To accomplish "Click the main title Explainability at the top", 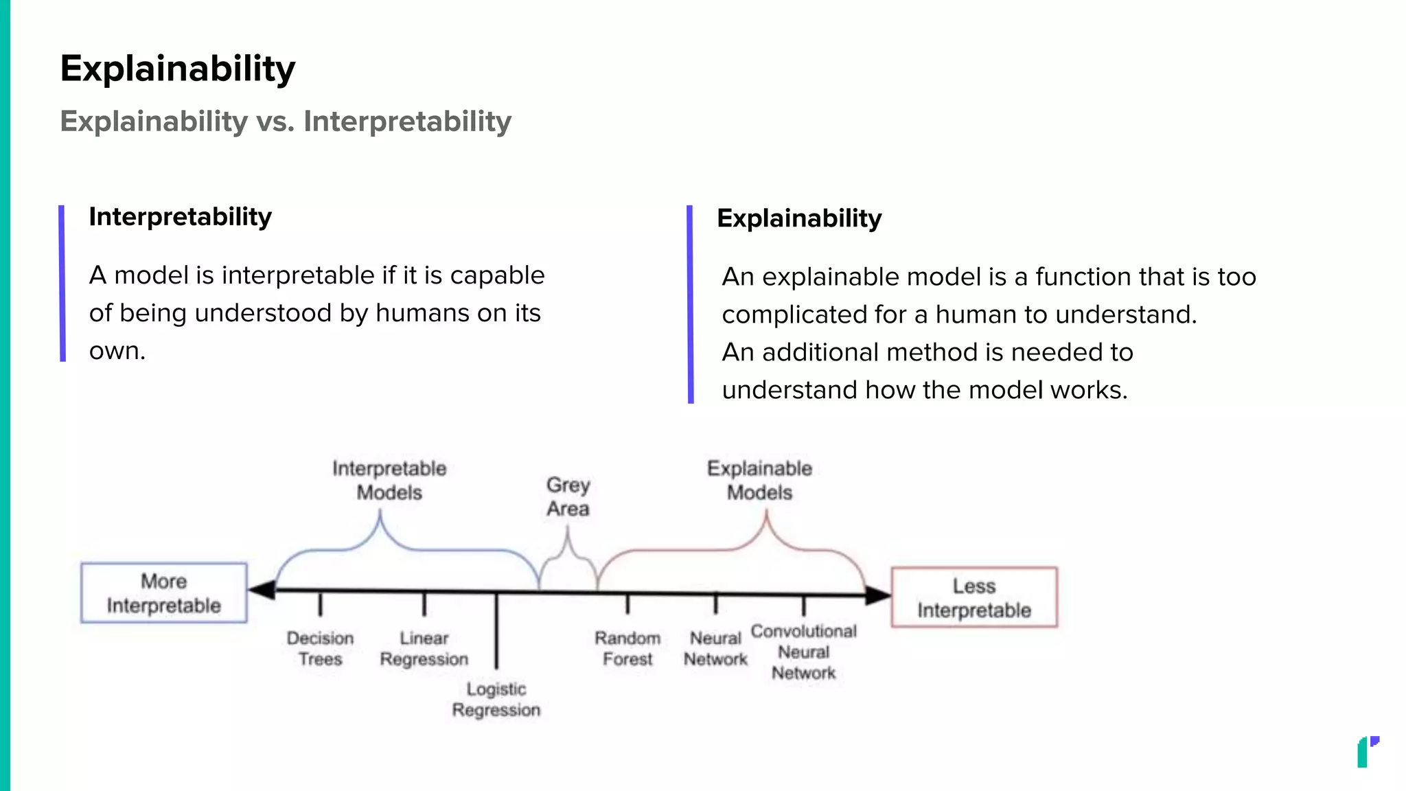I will pyautogui.click(x=177, y=69).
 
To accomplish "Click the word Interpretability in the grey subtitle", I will pyautogui.click(x=407, y=122).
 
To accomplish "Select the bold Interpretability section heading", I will pyautogui.click(x=180, y=217).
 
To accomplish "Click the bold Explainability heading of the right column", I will pyautogui.click(x=799, y=218).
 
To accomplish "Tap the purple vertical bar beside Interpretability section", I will pyautogui.click(x=62, y=283).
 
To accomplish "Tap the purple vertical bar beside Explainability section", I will pyautogui.click(x=690, y=303).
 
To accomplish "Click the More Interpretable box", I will pyautogui.click(x=164, y=593).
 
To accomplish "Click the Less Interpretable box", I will pyautogui.click(x=973, y=597).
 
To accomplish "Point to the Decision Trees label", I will pyautogui.click(x=320, y=648).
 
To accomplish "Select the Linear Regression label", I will pyautogui.click(x=424, y=648).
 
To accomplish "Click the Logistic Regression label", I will pyautogui.click(x=496, y=699).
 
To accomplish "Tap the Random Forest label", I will pyautogui.click(x=627, y=648).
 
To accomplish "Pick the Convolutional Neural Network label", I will pyautogui.click(x=803, y=652).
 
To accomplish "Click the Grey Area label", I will pyautogui.click(x=568, y=496).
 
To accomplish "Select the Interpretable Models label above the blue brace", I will pyautogui.click(x=389, y=480).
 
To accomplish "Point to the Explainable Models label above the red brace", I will pyautogui.click(x=759, y=480).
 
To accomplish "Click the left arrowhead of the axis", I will pyautogui.click(x=262, y=590).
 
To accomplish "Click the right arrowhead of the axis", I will pyautogui.click(x=877, y=595).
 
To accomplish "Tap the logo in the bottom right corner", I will pyautogui.click(x=1367, y=752).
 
